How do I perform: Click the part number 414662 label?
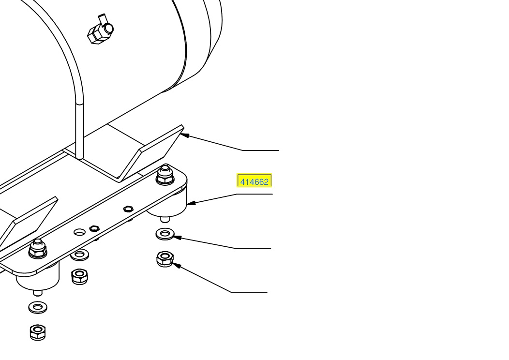pyautogui.click(x=254, y=181)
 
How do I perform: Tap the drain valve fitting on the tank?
pyautogui.click(x=100, y=30)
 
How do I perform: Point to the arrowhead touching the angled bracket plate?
pyautogui.click(x=184, y=135)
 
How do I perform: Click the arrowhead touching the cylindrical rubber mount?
pyautogui.click(x=191, y=203)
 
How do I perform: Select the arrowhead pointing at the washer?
pyautogui.click(x=177, y=238)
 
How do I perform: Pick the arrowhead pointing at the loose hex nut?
pyautogui.click(x=177, y=266)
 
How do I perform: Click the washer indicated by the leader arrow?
pyautogui.click(x=165, y=234)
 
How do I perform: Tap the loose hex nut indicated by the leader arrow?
pyautogui.click(x=165, y=259)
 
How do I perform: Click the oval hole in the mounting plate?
pyautogui.click(x=79, y=232)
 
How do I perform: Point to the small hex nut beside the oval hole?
pyautogui.click(x=94, y=228)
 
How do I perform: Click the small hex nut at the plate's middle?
pyautogui.click(x=129, y=209)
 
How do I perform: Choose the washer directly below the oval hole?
pyautogui.click(x=79, y=255)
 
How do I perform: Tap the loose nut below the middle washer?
pyautogui.click(x=79, y=277)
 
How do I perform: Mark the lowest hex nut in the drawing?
pyautogui.click(x=38, y=332)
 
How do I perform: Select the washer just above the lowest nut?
pyautogui.click(x=38, y=307)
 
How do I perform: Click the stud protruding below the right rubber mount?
pyautogui.click(x=165, y=219)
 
